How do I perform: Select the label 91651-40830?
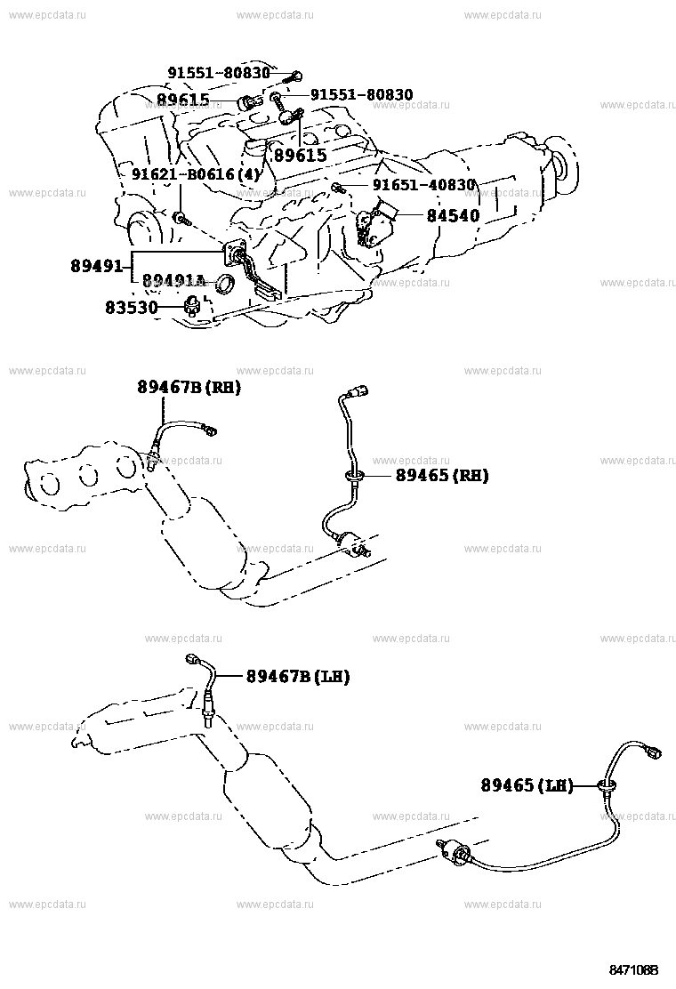point(423,186)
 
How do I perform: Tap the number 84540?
point(452,215)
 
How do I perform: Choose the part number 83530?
point(132,308)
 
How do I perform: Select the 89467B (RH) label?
point(188,387)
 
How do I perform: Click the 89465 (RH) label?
point(442,476)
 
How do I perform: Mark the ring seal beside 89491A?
point(227,285)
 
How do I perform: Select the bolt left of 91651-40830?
point(338,187)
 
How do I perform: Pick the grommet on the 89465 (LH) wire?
point(608,784)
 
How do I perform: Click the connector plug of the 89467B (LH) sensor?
point(195,660)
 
